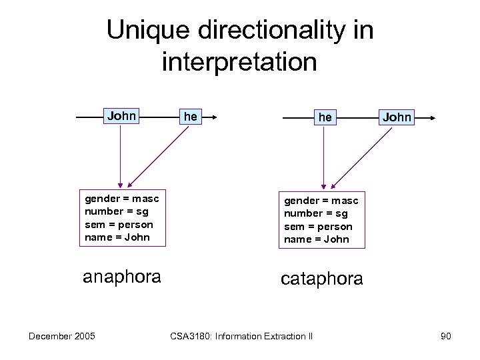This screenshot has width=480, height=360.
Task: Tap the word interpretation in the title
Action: (239, 62)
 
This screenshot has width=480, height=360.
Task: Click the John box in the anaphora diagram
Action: (121, 117)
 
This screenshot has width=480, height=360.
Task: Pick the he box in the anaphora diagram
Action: (191, 117)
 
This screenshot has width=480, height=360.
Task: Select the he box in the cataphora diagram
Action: (325, 117)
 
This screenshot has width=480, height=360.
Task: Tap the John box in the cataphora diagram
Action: (397, 117)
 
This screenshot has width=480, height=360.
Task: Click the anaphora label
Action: (121, 277)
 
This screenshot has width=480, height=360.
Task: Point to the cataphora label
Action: (322, 279)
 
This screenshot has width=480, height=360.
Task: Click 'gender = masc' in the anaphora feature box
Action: (122, 199)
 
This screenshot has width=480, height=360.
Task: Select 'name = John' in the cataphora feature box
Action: (317, 239)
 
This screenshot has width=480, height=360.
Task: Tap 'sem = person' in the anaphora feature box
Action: (119, 225)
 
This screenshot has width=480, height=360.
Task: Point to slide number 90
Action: (445, 336)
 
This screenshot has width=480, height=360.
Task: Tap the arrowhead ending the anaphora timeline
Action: (216, 117)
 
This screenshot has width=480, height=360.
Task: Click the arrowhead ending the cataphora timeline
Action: (433, 118)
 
